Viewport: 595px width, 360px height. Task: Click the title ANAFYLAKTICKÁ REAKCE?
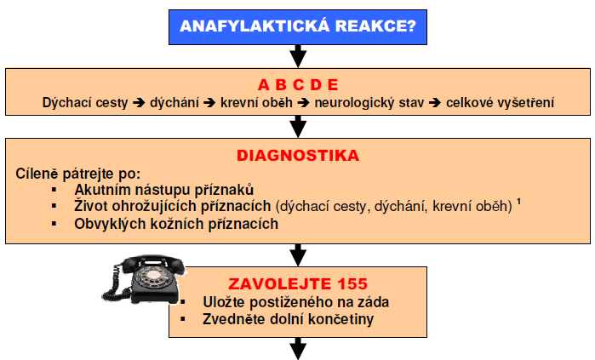point(298,26)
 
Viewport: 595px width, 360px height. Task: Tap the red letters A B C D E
point(298,84)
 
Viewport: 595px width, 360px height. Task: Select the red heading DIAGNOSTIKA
point(298,156)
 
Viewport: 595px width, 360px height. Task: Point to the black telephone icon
point(144,280)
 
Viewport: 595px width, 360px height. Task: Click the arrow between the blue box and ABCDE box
point(298,56)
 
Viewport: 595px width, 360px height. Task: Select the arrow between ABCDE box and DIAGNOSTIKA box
point(298,126)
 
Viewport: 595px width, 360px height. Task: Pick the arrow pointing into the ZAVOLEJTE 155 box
point(298,255)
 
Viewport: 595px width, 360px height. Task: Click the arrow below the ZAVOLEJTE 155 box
point(298,348)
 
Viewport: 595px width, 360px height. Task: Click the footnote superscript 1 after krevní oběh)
point(518,202)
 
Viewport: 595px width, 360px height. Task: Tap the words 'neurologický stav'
point(369,102)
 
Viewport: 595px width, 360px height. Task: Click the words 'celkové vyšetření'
point(500,102)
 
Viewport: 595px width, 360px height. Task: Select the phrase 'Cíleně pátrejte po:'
point(78,174)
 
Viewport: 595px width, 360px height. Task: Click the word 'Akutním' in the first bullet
point(100,190)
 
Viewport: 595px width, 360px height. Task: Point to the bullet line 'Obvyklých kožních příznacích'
point(176,224)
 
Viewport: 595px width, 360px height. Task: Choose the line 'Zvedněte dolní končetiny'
point(288,319)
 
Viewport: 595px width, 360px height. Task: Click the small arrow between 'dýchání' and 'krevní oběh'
point(209,102)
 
